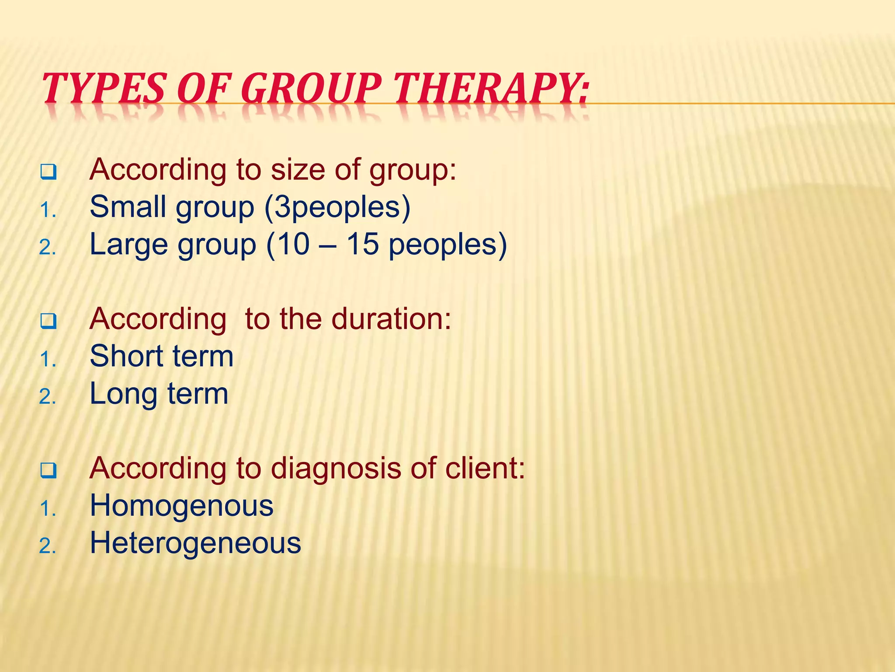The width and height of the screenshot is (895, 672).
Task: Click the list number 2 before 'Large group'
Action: (x=47, y=248)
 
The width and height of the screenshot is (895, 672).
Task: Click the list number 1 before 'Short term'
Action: (x=47, y=360)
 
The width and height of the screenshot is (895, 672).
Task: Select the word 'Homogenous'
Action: (x=181, y=506)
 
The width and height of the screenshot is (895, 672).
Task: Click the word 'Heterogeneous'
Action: (x=195, y=543)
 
